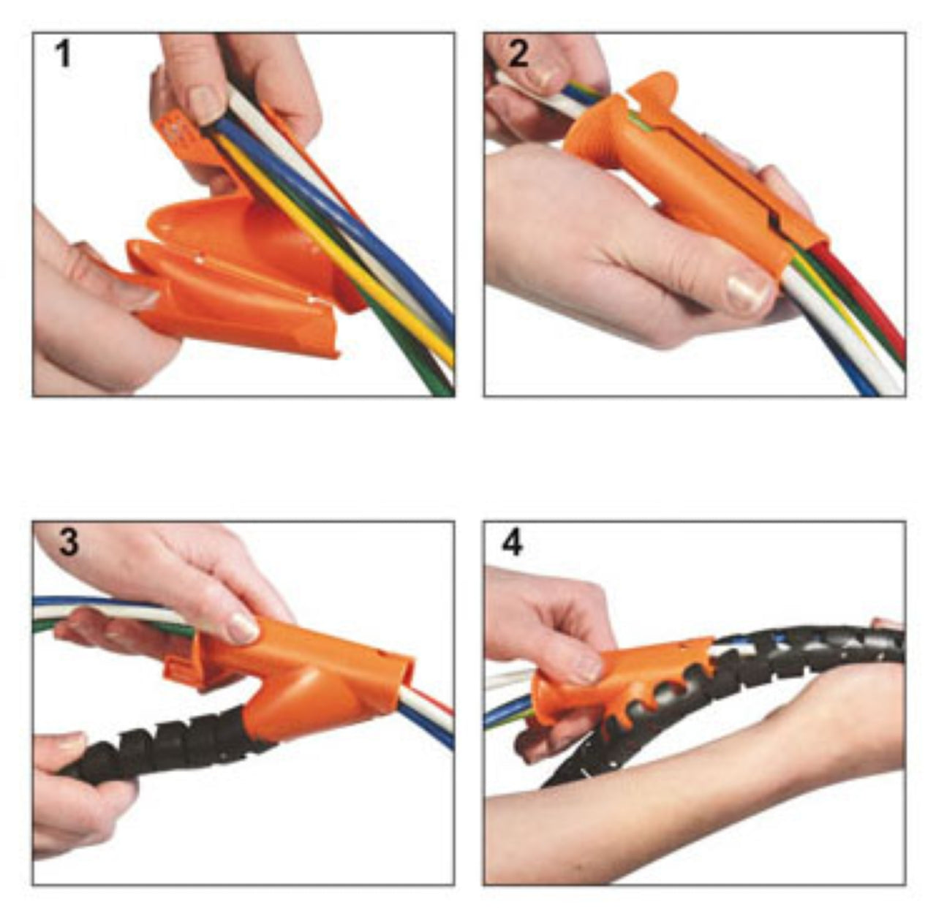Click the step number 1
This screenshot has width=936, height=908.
(63, 54)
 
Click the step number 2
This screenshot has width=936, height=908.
(518, 53)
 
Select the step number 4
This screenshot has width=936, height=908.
(512, 543)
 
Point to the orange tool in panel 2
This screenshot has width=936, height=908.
(692, 173)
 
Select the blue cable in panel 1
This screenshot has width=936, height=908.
(336, 211)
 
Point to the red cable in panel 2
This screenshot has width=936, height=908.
(861, 293)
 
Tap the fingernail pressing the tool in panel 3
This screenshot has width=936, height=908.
(243, 628)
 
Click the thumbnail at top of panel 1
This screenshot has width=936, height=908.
(206, 104)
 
